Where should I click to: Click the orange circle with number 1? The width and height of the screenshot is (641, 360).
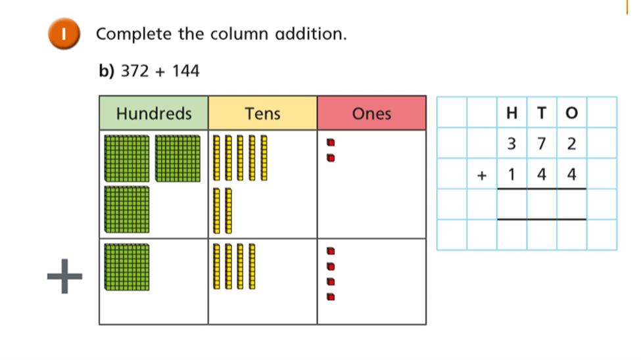click(64, 34)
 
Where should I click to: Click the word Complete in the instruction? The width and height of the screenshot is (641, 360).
click(133, 34)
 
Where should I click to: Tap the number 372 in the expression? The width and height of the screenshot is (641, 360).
click(135, 71)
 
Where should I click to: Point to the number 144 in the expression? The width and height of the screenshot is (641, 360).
click(185, 71)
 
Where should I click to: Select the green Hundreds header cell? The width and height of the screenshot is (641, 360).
click(154, 113)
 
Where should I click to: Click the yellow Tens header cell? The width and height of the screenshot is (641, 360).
click(263, 113)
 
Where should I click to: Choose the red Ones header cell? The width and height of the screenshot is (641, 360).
click(371, 113)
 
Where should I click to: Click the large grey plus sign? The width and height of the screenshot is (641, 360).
click(64, 276)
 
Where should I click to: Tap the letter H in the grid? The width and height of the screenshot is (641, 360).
click(512, 113)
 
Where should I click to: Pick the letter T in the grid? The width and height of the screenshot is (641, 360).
click(542, 113)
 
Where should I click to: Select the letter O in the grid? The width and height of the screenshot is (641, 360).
click(571, 113)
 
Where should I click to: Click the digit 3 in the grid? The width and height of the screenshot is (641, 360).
click(512, 143)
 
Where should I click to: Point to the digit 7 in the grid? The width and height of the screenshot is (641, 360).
click(542, 143)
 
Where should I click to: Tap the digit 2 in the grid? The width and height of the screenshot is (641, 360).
click(571, 143)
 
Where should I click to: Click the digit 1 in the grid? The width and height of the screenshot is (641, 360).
click(512, 174)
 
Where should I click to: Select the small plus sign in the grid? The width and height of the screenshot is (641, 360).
click(482, 175)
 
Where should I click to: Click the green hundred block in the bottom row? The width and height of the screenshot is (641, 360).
click(127, 267)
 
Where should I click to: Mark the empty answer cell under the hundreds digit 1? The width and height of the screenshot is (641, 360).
click(512, 204)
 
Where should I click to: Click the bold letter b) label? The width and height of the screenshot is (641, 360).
click(107, 71)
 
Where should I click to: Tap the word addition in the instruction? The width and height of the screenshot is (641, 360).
click(311, 34)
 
